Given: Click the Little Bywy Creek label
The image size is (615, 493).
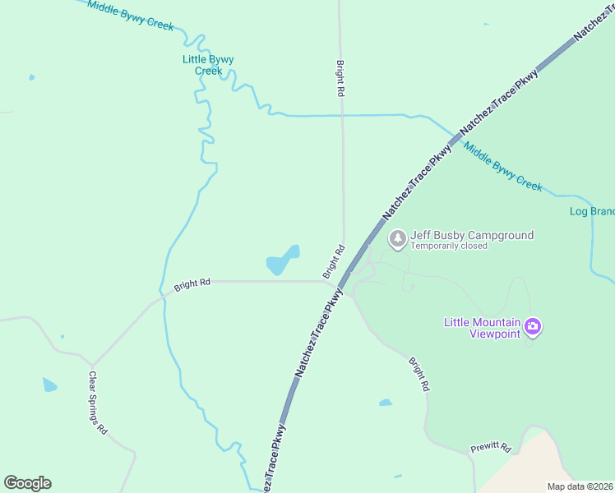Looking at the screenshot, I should click(x=208, y=65).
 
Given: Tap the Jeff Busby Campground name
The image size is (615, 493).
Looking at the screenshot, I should click(x=472, y=235).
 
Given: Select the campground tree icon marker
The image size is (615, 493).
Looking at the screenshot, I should click(x=398, y=239).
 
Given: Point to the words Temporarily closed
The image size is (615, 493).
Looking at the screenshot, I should click(x=449, y=246).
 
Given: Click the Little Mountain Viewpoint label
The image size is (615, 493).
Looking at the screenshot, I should click(x=483, y=327).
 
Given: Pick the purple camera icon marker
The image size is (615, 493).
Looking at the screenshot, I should click(x=533, y=328).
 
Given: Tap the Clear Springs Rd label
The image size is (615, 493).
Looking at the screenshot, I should click(x=98, y=403).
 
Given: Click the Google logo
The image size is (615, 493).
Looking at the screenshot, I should click(x=27, y=483).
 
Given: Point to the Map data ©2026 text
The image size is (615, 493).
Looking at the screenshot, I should click(x=580, y=486).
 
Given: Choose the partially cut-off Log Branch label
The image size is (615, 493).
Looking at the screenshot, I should click(x=592, y=211).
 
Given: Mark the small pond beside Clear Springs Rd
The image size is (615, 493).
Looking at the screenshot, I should click(x=50, y=385).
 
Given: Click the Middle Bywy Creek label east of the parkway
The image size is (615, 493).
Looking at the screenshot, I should click(x=502, y=167).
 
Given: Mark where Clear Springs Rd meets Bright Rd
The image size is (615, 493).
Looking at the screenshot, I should click(x=92, y=364).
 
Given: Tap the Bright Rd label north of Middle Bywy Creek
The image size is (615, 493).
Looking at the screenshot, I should click(x=340, y=79).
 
